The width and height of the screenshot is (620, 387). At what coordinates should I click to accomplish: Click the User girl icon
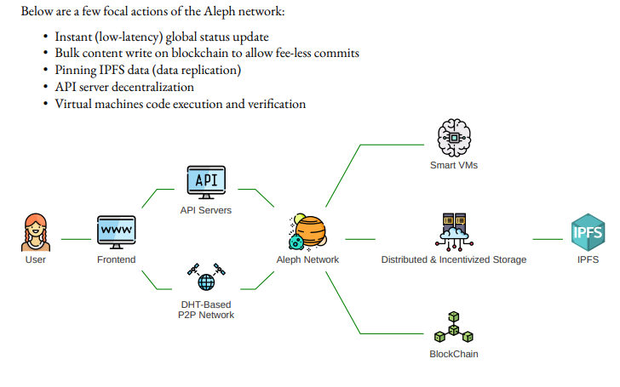[35, 232]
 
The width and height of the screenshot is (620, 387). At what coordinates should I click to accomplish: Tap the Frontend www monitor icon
[116, 231]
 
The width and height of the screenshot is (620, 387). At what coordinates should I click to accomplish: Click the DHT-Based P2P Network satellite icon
[205, 277]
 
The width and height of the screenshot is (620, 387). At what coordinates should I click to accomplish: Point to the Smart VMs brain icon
[453, 137]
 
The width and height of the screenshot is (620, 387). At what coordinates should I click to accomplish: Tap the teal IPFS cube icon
[587, 231]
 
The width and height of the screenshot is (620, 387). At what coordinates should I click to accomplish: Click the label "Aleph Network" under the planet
[307, 259]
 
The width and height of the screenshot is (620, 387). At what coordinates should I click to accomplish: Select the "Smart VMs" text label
[453, 165]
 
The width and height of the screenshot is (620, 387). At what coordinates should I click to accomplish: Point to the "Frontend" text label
[116, 259]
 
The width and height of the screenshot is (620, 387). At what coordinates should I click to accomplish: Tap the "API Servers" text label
[205, 210]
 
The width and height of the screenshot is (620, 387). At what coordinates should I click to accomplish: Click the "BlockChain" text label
[453, 354]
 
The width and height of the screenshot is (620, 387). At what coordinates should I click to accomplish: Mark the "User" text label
[35, 259]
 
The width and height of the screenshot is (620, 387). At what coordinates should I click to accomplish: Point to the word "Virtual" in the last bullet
[74, 104]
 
